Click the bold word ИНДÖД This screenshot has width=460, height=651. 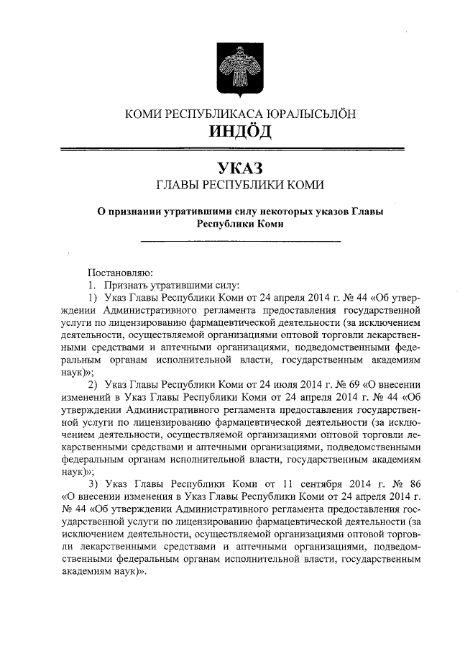[230, 132]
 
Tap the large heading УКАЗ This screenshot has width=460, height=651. [230, 168]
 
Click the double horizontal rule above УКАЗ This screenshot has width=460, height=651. [230, 150]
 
